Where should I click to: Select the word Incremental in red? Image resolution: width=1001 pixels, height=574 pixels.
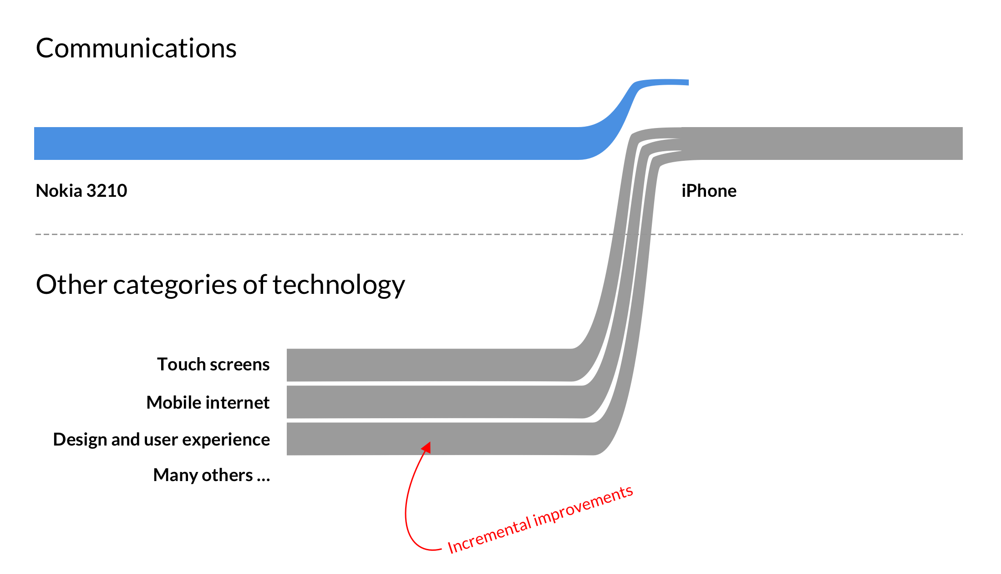[x=489, y=536]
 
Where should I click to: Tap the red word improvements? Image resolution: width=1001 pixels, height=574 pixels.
[x=584, y=507]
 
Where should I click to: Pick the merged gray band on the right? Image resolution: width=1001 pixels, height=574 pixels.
[x=819, y=143]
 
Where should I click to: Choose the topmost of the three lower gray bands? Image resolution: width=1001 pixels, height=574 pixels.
[x=410, y=365]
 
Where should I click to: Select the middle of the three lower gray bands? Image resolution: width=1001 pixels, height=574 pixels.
[x=410, y=402]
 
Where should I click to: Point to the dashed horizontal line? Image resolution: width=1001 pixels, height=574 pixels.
[x=319, y=234]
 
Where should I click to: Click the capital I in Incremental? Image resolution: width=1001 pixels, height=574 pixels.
[x=451, y=547]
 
